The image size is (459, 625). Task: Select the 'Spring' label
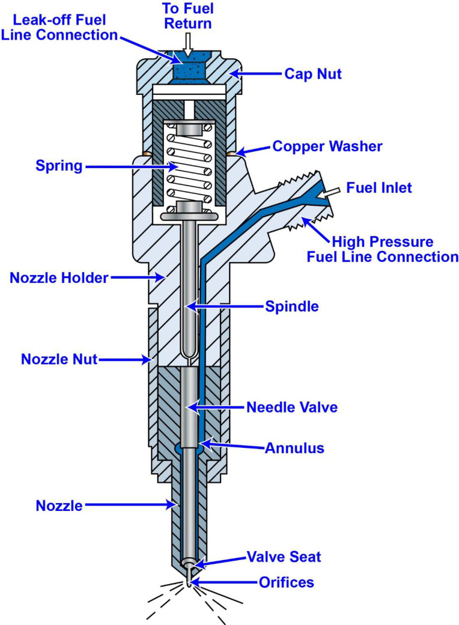59,166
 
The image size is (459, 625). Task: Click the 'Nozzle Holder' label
59,277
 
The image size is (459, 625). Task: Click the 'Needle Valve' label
293,407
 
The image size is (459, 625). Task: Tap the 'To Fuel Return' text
188,16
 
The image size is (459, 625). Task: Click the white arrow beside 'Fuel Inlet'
336,190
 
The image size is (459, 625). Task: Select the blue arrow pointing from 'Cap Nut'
255,74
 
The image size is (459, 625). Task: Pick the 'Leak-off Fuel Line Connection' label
65,27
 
